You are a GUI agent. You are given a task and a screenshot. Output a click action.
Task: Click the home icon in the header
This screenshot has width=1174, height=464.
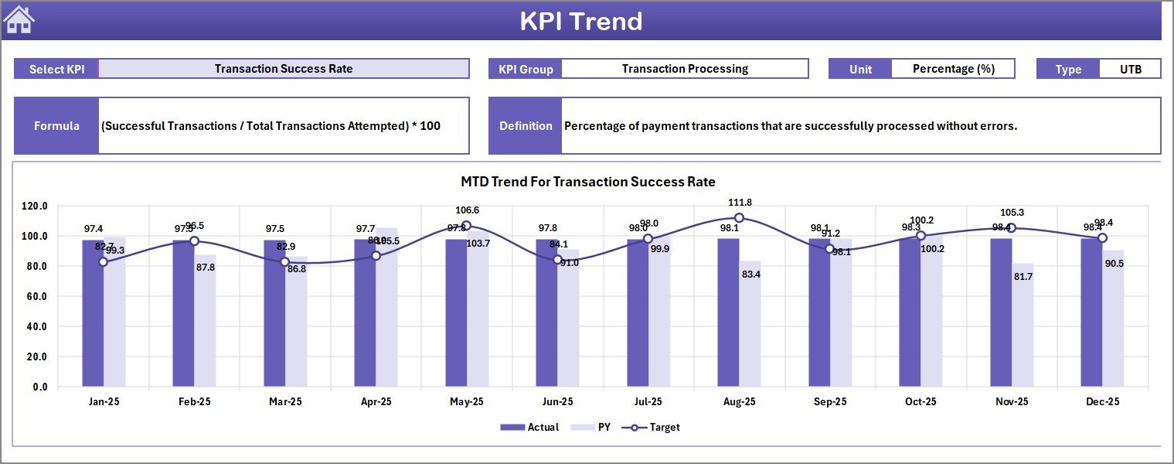tap(19, 20)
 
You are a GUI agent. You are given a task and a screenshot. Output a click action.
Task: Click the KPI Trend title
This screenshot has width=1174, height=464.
tap(580, 21)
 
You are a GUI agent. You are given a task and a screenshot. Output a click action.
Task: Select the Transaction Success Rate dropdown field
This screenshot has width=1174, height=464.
tap(284, 69)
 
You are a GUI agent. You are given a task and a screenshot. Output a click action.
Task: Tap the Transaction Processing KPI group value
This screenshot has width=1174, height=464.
tap(685, 69)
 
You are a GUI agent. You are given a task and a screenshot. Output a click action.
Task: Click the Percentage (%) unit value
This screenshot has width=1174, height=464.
tap(953, 69)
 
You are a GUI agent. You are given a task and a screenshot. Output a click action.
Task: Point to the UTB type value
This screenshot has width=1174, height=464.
tap(1130, 69)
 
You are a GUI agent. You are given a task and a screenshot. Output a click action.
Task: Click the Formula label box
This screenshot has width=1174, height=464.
tap(56, 126)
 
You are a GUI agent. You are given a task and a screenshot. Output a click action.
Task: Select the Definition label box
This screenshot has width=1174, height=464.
tap(526, 126)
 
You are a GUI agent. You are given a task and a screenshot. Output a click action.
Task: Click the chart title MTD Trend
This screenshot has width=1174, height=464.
tap(587, 182)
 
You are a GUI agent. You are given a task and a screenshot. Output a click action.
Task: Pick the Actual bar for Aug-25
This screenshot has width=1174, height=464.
tap(728, 312)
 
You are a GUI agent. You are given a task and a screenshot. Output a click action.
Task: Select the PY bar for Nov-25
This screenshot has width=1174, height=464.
tap(1023, 325)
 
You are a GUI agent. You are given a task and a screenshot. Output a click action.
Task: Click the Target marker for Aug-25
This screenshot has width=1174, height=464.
tap(739, 218)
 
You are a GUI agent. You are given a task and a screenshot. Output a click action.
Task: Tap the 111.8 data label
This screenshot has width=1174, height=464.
tap(740, 203)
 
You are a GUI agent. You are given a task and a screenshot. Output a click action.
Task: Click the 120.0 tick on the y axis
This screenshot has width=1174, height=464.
tap(34, 206)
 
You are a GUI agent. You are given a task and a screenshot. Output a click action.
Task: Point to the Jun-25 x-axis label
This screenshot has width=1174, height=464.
tap(557, 402)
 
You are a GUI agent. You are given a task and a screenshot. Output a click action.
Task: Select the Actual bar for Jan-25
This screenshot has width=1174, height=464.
tap(93, 313)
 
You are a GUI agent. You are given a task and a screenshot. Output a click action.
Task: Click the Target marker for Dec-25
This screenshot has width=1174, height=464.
tap(1102, 238)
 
